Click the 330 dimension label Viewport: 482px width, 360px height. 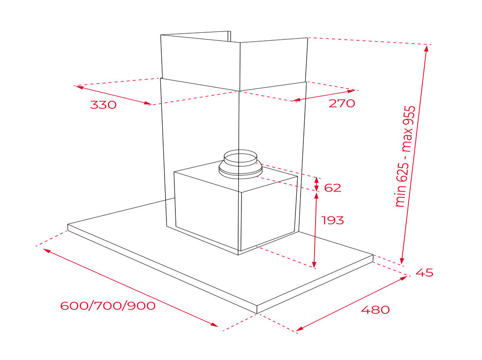(103, 105)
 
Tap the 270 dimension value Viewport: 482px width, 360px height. (342, 103)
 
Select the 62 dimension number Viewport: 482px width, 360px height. (332, 187)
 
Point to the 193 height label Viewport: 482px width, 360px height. (332, 220)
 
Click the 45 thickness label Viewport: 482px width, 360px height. (424, 272)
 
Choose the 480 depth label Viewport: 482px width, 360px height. (376, 309)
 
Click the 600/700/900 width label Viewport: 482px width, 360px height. (108, 306)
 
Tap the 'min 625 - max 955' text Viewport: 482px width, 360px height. (405, 157)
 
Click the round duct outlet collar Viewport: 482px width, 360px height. (240, 164)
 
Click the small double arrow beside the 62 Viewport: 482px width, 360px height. (316, 184)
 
